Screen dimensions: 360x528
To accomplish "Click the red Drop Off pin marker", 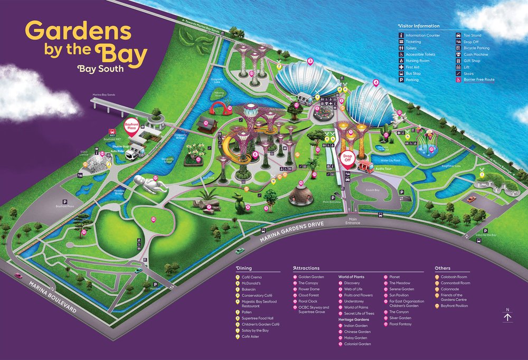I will click(347, 159).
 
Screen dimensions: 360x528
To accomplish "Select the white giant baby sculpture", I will click(149, 185).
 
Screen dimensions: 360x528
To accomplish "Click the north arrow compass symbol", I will click(507, 317).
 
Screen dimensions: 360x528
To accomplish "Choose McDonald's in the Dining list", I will click(253, 283).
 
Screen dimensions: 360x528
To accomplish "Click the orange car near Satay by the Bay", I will click(471, 199).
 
